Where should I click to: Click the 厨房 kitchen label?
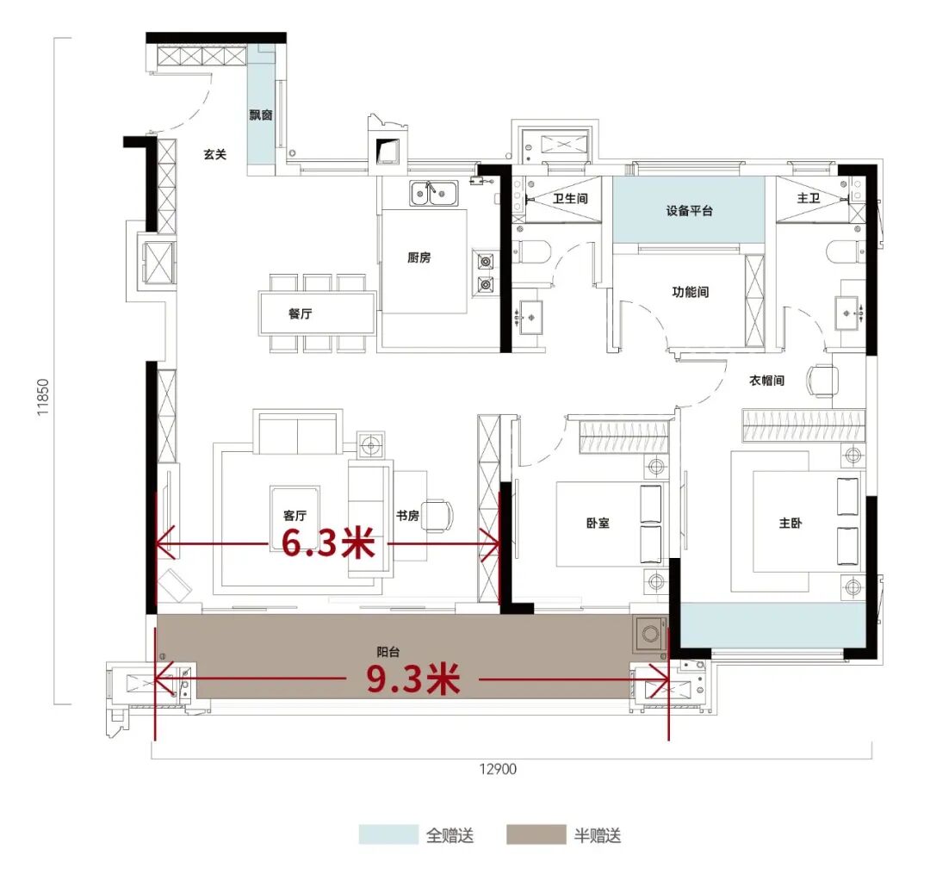[418, 257]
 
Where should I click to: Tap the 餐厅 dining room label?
[301, 313]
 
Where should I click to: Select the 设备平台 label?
[689, 210]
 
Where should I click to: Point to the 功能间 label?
[690, 292]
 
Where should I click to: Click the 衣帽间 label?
[766, 380]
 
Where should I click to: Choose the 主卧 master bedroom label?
[790, 523]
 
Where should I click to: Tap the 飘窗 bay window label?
[261, 115]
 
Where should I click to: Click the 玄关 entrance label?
[214, 154]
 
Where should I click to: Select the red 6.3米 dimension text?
[328, 542]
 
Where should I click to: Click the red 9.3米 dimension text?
[412, 679]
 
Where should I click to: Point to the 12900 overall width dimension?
[498, 769]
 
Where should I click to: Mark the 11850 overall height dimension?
[43, 397]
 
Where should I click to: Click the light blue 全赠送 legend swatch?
[388, 834]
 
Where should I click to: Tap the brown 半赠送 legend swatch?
[536, 834]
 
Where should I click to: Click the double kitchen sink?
[434, 193]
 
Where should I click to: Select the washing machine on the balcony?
[650, 634]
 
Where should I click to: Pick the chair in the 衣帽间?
[821, 380]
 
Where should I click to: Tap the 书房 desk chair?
[439, 515]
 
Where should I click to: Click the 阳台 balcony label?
[387, 652]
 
